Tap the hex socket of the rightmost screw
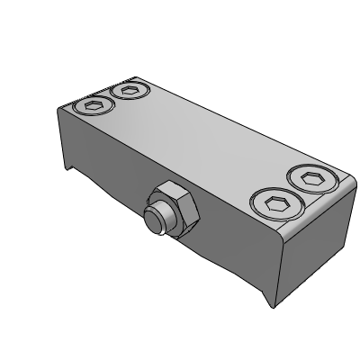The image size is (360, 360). (x=312, y=179)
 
